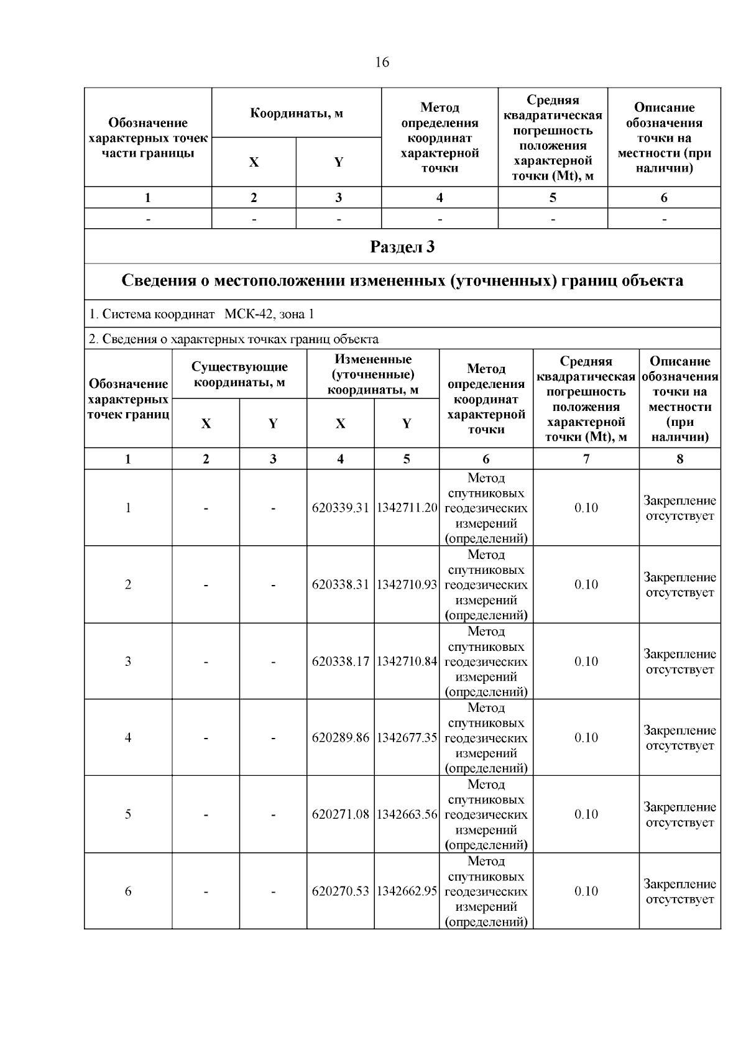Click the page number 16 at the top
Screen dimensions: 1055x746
pos(382,62)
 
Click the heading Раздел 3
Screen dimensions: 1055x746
pos(402,247)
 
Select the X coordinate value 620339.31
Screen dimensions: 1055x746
pos(341,508)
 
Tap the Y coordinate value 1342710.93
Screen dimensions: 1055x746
pos(407,585)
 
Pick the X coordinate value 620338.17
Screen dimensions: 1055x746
pos(341,661)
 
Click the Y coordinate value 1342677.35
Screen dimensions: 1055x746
pos(407,738)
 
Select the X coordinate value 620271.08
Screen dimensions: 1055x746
pos(341,814)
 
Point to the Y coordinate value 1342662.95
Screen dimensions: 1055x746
pos(407,891)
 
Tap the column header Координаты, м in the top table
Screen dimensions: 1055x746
pos(297,113)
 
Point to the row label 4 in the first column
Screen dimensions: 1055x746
pos(128,738)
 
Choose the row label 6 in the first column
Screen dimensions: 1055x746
pos(128,891)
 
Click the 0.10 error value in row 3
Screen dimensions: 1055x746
pos(586,661)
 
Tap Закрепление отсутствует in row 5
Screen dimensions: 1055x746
pos(679,814)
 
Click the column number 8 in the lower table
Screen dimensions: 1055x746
pos(679,459)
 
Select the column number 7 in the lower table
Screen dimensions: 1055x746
pos(586,459)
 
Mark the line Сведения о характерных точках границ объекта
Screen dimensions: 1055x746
pos(240,339)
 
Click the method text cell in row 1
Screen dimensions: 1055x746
pos(486,508)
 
